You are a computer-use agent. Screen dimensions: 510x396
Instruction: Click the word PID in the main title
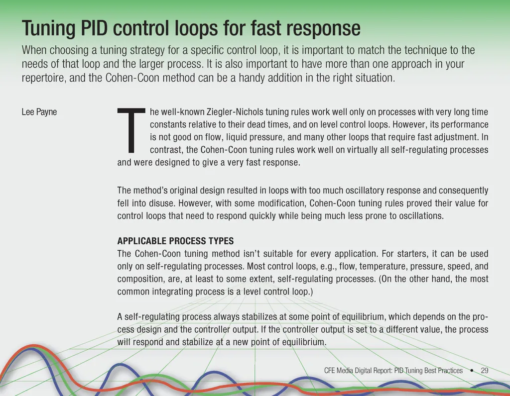94,28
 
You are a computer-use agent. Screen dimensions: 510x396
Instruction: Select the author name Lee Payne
39,112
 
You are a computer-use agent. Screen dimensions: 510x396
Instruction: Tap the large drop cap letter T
131,130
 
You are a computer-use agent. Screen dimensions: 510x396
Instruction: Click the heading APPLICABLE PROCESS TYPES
175,241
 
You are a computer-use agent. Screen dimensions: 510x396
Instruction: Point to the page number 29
484,371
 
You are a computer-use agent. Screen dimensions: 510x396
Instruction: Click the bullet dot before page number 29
472,371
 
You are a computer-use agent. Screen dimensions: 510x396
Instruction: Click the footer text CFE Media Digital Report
359,371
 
